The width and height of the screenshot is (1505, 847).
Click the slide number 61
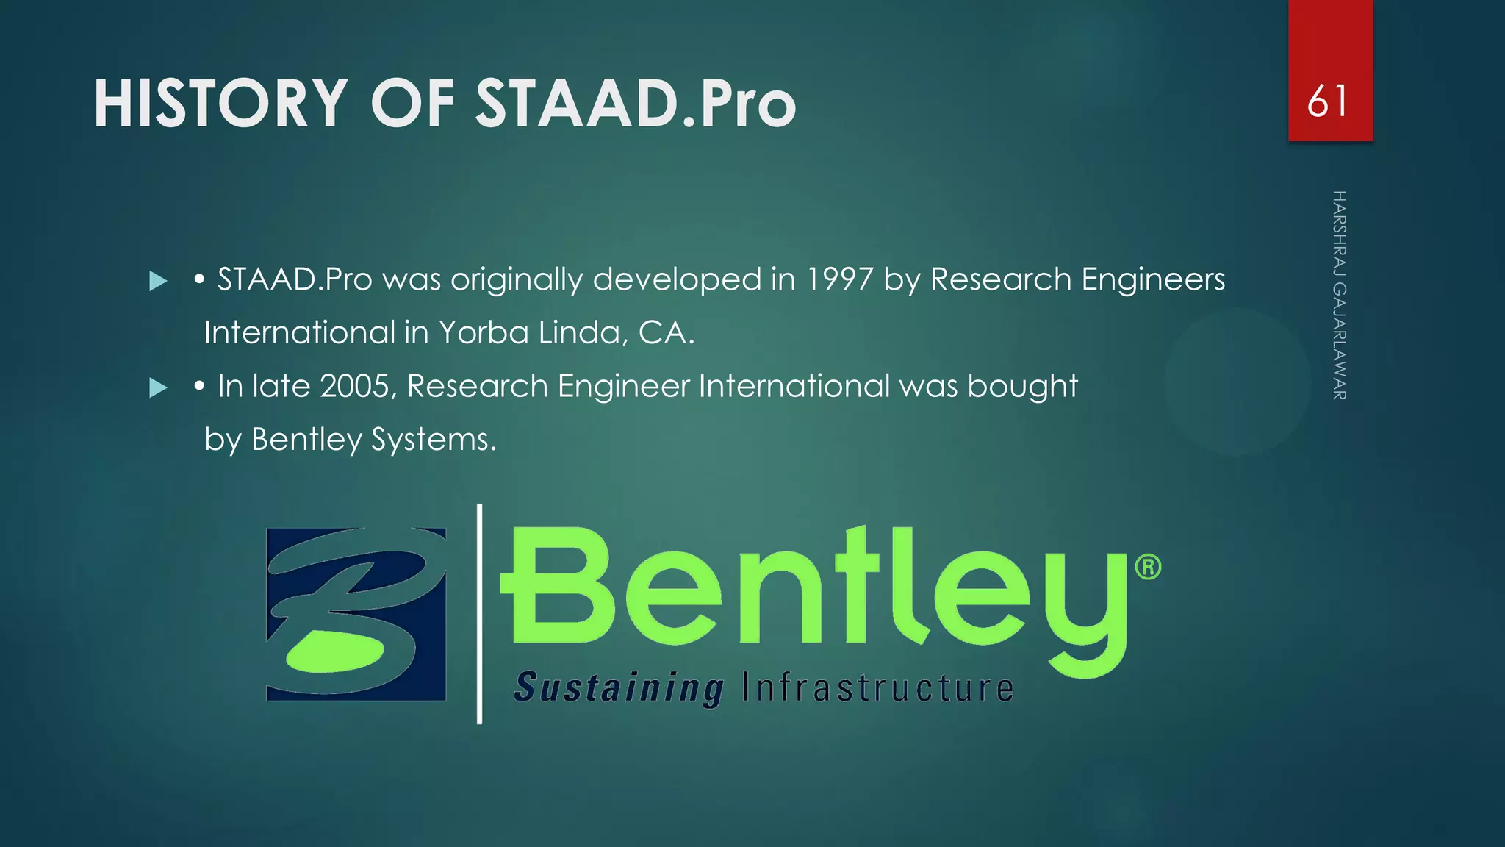(x=1329, y=101)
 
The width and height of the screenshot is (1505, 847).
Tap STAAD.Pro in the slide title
(x=636, y=104)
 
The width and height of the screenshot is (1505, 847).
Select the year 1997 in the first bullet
(x=840, y=279)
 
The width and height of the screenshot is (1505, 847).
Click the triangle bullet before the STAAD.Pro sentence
(x=158, y=281)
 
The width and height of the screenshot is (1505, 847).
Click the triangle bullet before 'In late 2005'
(x=158, y=387)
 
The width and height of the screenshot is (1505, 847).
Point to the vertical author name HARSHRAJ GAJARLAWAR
(x=1339, y=295)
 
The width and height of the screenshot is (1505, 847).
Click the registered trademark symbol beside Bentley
(x=1148, y=568)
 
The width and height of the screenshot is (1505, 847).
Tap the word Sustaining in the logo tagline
(x=619, y=688)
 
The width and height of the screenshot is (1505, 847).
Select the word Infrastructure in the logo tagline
(x=878, y=688)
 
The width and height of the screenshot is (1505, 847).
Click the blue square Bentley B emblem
(x=356, y=614)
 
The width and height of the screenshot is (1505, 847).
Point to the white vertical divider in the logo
(x=480, y=614)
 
